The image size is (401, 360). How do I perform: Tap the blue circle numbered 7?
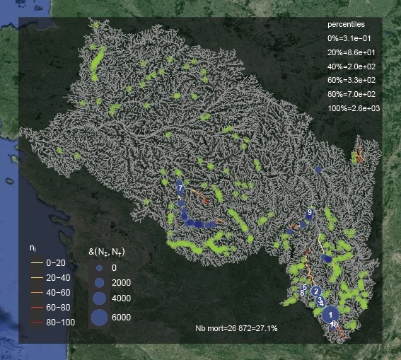click(x=180, y=188)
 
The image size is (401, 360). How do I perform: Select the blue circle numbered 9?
click(x=309, y=212)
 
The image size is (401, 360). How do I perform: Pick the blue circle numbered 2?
click(x=316, y=291)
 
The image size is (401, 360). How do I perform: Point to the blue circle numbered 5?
click(x=304, y=286)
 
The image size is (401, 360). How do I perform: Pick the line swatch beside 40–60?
click(x=35, y=292)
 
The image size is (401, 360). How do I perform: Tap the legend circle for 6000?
click(x=99, y=318)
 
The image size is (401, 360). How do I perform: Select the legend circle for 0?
click(x=99, y=269)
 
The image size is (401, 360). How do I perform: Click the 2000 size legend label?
click(x=121, y=283)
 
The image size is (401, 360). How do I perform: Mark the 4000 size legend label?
click(x=121, y=298)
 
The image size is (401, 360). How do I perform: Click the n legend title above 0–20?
click(x=33, y=248)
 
